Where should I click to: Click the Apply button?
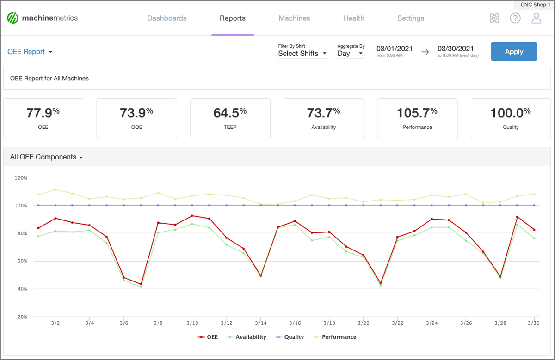pos(514,51)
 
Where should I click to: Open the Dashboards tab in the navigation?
pos(167,18)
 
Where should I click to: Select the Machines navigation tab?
pos(294,18)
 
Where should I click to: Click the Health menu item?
pos(353,18)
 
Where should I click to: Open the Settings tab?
pos(410,18)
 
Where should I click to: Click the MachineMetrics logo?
pos(43,18)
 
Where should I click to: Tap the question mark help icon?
pos(515,18)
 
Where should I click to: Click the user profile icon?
pos(536,18)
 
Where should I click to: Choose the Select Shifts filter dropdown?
pos(302,54)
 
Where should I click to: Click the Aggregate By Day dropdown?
pos(351,54)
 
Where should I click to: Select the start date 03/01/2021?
pos(395,49)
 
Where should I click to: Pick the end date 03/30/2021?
pos(456,49)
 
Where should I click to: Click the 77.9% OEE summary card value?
pos(43,113)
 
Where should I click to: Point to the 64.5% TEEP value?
pos(230,113)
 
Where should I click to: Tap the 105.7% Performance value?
pos(417,113)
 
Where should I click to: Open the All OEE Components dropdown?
pos(46,157)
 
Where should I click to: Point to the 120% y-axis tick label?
pos(21,177)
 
